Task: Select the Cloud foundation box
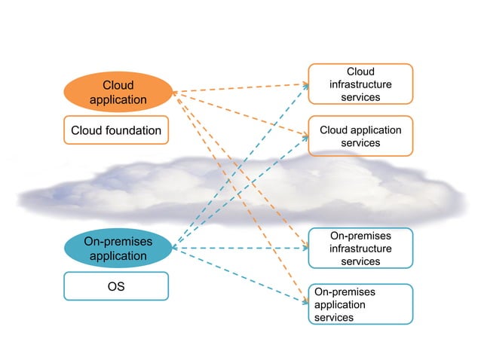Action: coord(116,130)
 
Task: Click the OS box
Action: coord(116,286)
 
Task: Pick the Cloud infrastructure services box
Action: coord(360,84)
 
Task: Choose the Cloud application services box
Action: coord(360,136)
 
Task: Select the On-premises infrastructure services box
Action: coord(360,248)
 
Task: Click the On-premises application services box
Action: coord(360,304)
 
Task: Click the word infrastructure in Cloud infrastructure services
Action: coord(360,84)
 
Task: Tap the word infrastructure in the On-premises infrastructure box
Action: coord(360,249)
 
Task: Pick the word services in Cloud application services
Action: coord(360,143)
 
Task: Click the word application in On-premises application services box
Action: coord(339,304)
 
